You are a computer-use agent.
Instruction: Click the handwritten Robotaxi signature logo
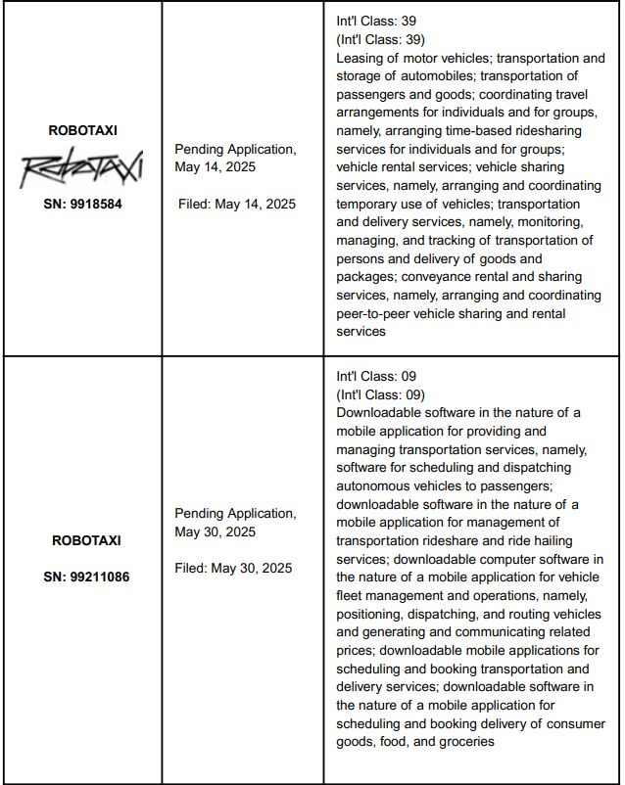coord(82,169)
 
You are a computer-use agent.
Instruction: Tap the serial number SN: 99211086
coord(86,577)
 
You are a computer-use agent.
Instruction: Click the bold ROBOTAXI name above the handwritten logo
coord(83,129)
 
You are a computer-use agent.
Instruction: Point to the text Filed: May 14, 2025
coord(236,204)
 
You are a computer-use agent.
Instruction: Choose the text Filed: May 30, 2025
coord(233,568)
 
